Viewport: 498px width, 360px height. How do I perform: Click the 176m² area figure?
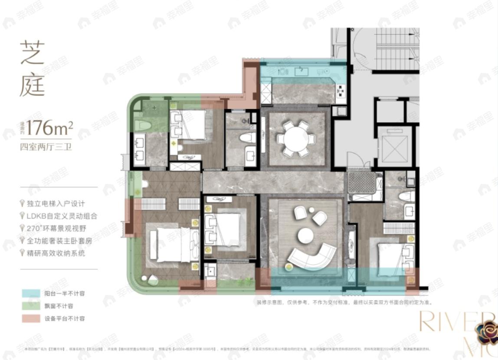[49, 128]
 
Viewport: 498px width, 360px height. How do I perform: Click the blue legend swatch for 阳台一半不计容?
[30, 294]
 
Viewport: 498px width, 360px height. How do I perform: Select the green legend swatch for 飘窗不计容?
[30, 306]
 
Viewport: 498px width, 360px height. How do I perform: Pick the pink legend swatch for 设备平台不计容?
[30, 318]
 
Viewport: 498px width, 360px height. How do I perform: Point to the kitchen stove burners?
[341, 90]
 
